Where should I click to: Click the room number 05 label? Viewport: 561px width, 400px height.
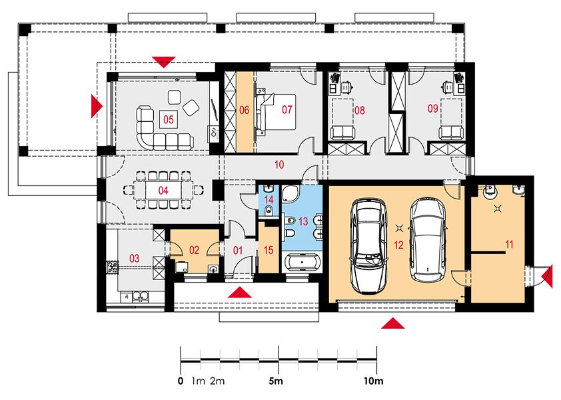[x=168, y=119]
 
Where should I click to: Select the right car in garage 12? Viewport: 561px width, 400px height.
[x=428, y=239]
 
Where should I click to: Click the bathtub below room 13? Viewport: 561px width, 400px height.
[x=302, y=263]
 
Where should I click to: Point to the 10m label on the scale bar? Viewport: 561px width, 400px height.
[x=374, y=381]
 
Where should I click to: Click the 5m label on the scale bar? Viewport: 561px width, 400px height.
[x=277, y=381]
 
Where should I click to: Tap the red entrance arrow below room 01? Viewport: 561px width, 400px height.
[x=239, y=292]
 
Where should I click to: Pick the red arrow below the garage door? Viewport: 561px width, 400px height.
[x=393, y=323]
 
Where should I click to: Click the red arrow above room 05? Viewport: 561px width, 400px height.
[x=164, y=62]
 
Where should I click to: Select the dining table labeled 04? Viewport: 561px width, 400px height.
[x=163, y=190]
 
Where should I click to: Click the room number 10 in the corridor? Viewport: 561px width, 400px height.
[x=279, y=165]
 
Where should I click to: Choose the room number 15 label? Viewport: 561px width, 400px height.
[x=269, y=250]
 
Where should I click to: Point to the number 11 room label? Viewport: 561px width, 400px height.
[x=509, y=244]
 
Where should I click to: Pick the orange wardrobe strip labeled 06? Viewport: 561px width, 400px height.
[x=244, y=112]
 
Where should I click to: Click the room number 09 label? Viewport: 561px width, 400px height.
[x=433, y=108]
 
